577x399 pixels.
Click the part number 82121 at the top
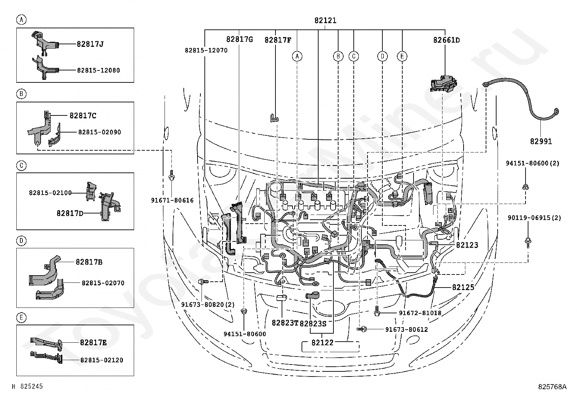[x=325, y=20]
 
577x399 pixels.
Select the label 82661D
[x=447, y=40]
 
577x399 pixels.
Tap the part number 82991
[x=541, y=142]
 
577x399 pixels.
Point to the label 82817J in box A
[x=90, y=44]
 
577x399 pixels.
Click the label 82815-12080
[x=98, y=70]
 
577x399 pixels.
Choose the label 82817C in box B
[x=83, y=115]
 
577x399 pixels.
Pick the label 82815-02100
[x=50, y=193]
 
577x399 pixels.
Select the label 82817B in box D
[x=89, y=262]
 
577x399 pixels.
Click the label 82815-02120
[x=102, y=360]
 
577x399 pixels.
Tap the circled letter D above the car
[x=382, y=56]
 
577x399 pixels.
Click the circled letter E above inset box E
[x=21, y=317]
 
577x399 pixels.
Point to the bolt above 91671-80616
[x=171, y=175]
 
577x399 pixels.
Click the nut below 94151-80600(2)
[x=526, y=187]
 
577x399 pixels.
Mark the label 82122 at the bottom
[x=323, y=343]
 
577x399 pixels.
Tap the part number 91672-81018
[x=420, y=313]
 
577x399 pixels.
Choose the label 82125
[x=463, y=287]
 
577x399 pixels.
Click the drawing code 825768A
[x=552, y=387]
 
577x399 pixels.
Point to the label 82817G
[x=240, y=39]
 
